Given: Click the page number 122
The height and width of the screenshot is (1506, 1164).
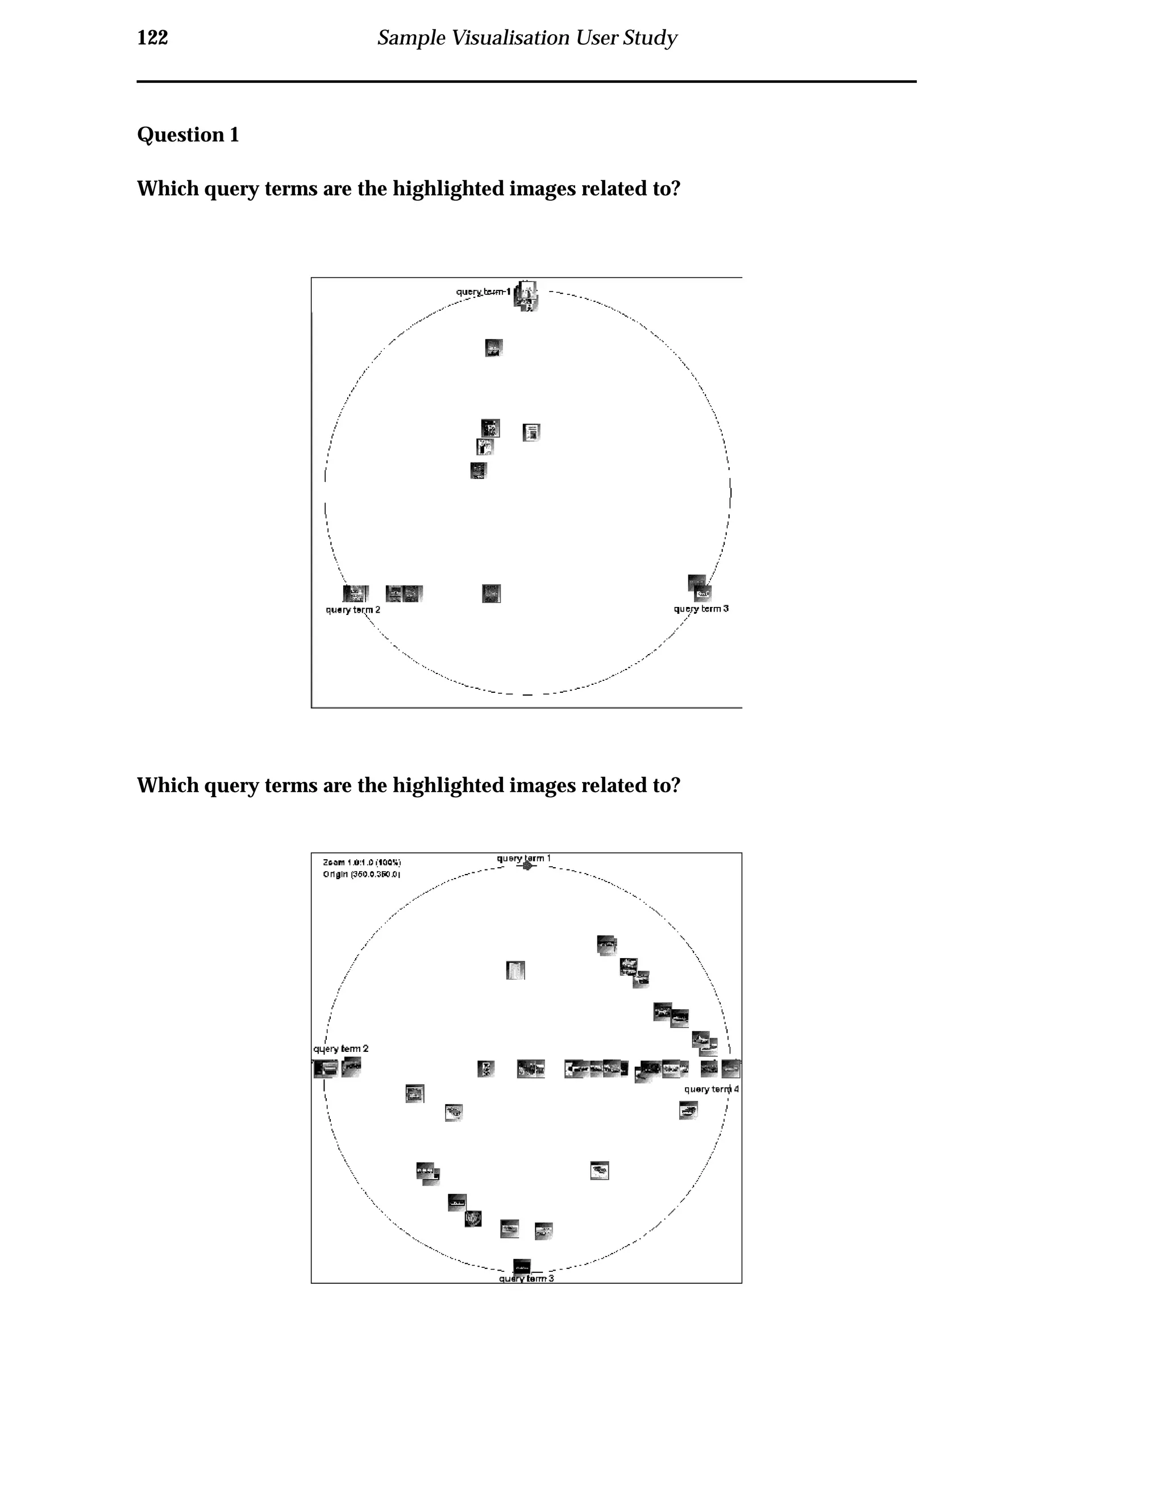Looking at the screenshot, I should click(x=152, y=38).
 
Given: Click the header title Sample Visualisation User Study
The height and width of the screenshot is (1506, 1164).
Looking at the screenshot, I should click(x=527, y=38).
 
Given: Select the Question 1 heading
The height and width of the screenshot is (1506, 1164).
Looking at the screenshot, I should click(x=188, y=135).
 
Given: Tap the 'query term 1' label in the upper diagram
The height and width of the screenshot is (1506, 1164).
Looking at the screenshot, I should click(x=483, y=292).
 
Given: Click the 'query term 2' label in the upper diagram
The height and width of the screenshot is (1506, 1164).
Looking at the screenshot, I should click(x=352, y=610).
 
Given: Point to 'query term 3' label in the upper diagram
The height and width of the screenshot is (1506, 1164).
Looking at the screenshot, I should click(x=701, y=609).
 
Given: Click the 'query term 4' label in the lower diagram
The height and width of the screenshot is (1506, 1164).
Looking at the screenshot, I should click(x=711, y=1089).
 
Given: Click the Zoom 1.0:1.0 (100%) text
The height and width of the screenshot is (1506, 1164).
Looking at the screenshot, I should click(x=361, y=863).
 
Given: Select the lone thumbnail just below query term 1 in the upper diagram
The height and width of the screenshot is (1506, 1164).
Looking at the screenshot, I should click(x=494, y=348).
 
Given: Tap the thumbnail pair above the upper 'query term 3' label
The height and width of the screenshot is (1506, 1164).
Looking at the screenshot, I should click(x=699, y=588).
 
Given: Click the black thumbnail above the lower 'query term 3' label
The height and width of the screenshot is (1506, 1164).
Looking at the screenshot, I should click(x=522, y=1266).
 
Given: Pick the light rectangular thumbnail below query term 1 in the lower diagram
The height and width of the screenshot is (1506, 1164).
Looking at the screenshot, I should click(x=516, y=970).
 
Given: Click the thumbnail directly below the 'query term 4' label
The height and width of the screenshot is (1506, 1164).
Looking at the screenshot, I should click(x=688, y=1109).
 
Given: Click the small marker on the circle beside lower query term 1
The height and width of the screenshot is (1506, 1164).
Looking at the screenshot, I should click(x=527, y=866).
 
